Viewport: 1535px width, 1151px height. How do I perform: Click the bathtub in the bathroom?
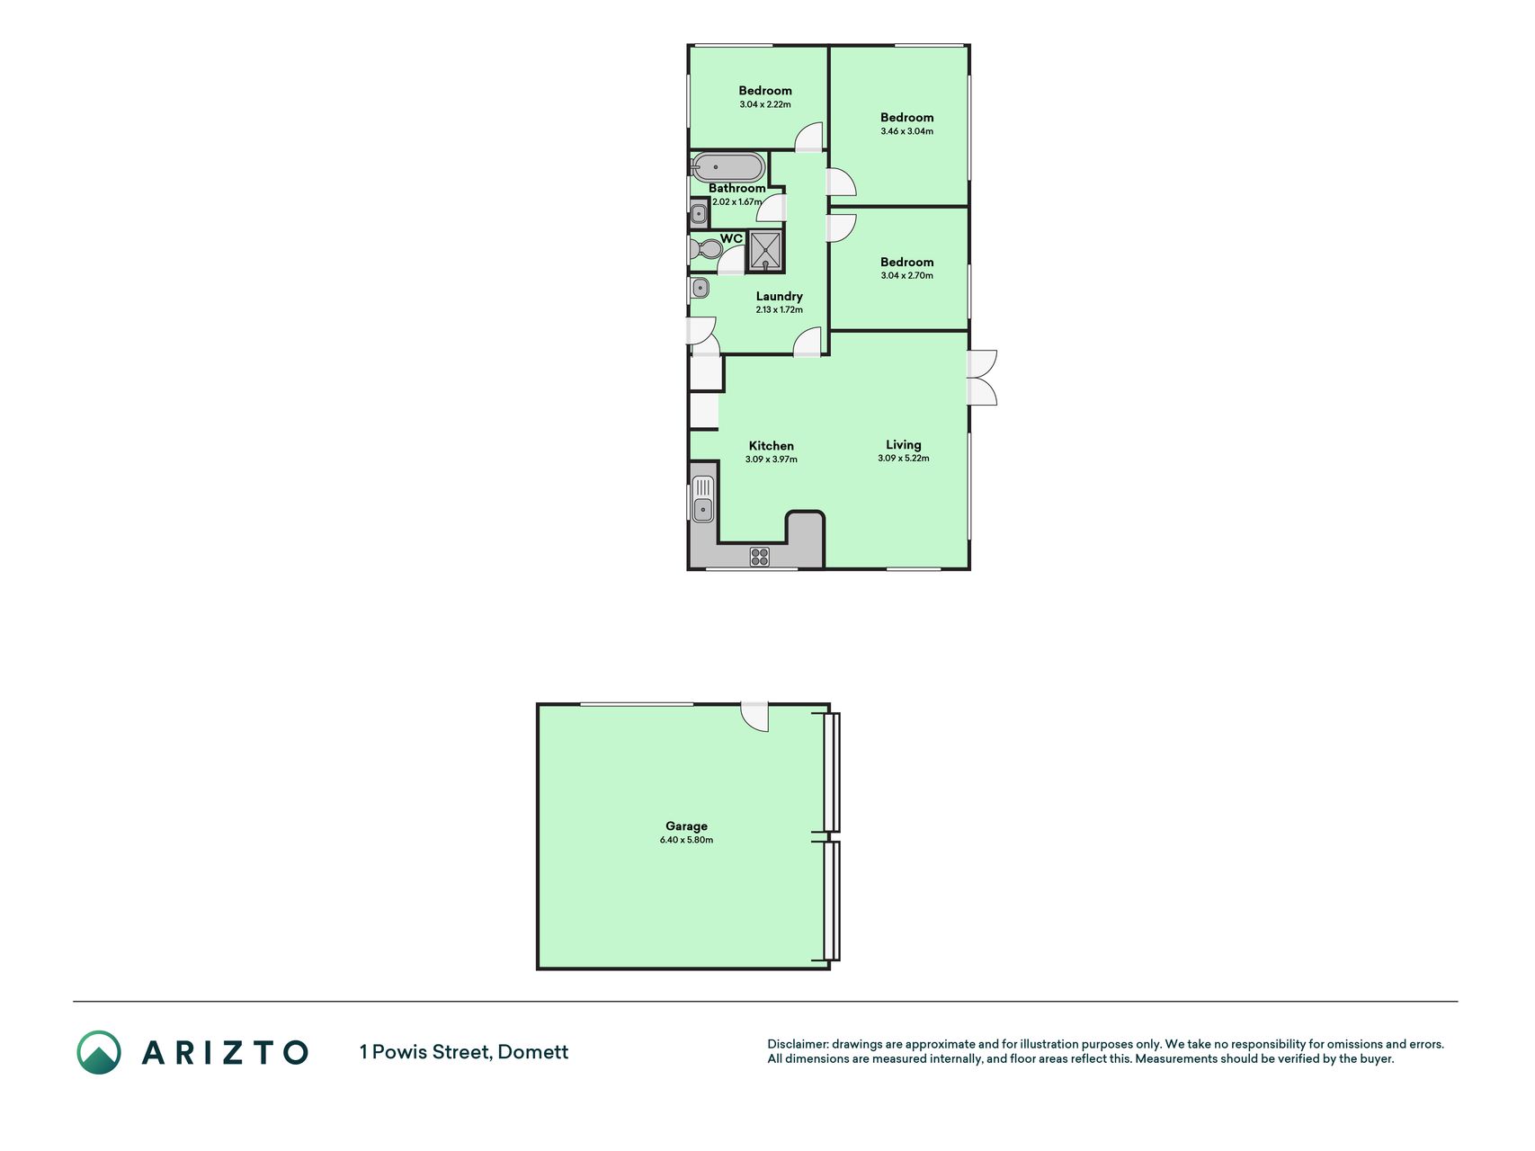tap(727, 167)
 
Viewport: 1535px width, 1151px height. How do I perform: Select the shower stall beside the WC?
tap(765, 251)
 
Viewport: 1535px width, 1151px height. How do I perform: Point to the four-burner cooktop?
tap(760, 557)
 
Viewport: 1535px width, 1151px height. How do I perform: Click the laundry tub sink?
tap(700, 288)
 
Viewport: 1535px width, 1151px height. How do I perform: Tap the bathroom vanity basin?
tap(699, 214)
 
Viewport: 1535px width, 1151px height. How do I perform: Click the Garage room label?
tap(686, 825)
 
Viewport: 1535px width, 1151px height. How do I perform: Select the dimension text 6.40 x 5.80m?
tap(686, 840)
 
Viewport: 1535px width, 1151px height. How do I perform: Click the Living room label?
tap(903, 444)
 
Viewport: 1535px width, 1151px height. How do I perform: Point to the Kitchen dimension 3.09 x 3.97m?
tap(771, 460)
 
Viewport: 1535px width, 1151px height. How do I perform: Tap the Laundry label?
tap(779, 296)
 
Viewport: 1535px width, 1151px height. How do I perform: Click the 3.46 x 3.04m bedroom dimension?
tap(906, 131)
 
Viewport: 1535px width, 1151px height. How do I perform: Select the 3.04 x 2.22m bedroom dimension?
tap(765, 104)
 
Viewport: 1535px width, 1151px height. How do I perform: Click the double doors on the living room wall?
tap(982, 378)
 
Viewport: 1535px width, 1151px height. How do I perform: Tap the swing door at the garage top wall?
tap(755, 717)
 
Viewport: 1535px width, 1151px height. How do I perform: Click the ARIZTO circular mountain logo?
tap(99, 1052)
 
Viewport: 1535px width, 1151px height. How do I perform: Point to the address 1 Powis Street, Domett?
tap(464, 1052)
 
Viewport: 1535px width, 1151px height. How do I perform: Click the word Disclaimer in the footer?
tap(797, 1044)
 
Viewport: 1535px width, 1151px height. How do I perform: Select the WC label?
tap(731, 238)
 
